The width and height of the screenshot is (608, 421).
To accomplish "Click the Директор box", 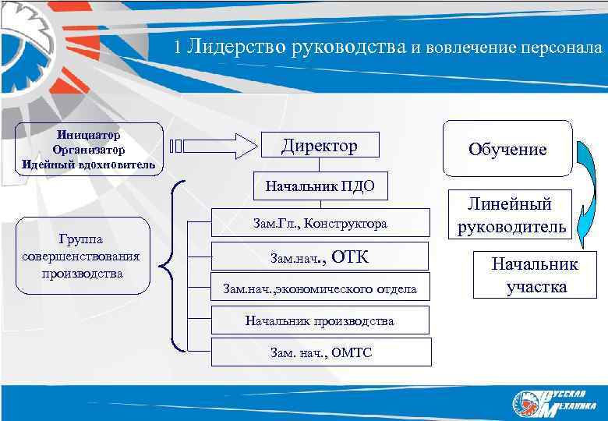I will coord(319,146).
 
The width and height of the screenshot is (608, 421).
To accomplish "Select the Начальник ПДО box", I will coord(320,186).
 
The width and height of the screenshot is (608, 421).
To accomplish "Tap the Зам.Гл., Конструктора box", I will coord(320,224).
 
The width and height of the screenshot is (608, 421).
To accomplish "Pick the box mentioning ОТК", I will coord(320,256).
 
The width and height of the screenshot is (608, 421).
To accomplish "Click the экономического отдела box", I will coord(320,289).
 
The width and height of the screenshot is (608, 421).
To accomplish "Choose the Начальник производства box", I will coord(320,320).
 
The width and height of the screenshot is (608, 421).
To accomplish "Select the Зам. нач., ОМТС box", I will coord(320,352).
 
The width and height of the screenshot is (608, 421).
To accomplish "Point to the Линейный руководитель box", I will coord(509,216).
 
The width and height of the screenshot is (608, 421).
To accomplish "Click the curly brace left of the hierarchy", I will coord(176,265).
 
